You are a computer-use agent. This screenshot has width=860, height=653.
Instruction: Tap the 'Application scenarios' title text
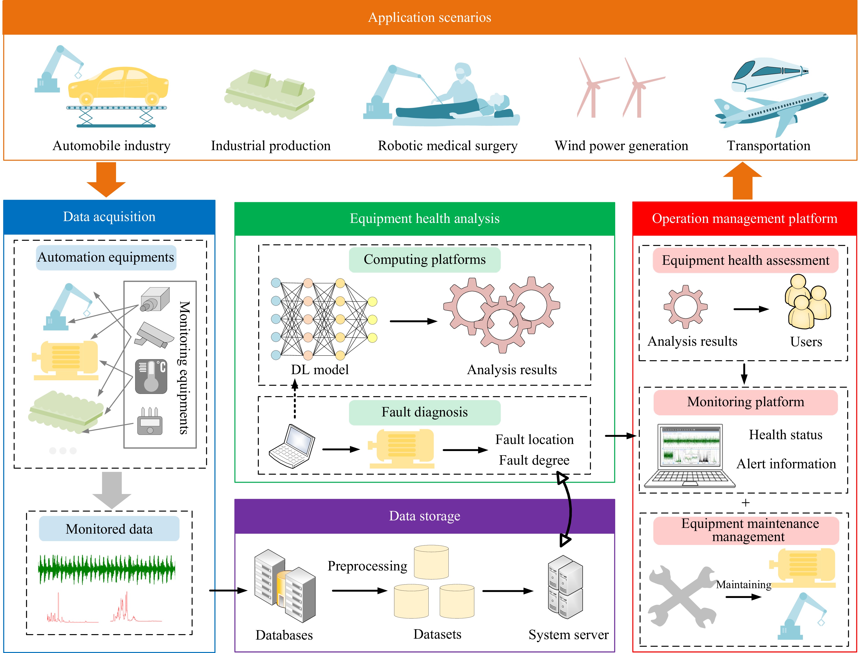pyautogui.click(x=430, y=18)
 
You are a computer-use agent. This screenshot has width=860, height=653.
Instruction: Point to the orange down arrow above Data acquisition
pyautogui.click(x=106, y=179)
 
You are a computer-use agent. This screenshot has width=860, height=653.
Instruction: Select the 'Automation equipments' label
pyautogui.click(x=106, y=257)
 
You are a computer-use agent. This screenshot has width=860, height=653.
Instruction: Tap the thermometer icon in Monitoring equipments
pyautogui.click(x=151, y=376)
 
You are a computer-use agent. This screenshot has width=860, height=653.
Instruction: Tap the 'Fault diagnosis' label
pyautogui.click(x=425, y=412)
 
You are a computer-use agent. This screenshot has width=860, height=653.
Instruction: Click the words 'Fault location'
pyautogui.click(x=534, y=440)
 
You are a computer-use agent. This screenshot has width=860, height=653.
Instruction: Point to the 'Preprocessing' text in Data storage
pyautogui.click(x=367, y=566)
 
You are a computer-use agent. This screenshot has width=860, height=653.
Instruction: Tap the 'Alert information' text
pyautogui.click(x=786, y=464)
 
